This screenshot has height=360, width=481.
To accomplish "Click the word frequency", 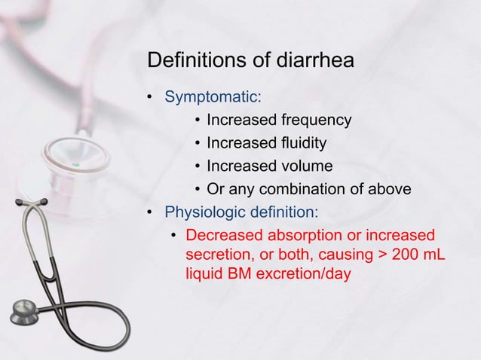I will point(315,121).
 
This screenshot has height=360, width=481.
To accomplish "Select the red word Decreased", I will point(222,236).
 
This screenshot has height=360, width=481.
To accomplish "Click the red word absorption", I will point(298,236).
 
